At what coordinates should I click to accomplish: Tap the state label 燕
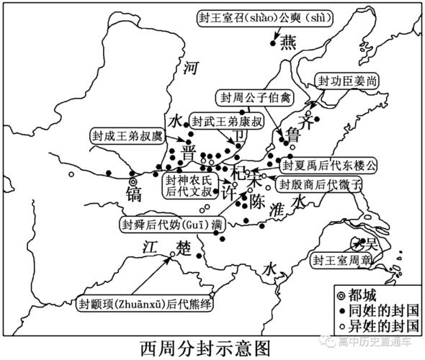287,43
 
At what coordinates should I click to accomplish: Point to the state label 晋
188,154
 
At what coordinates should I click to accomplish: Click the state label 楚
184,246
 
